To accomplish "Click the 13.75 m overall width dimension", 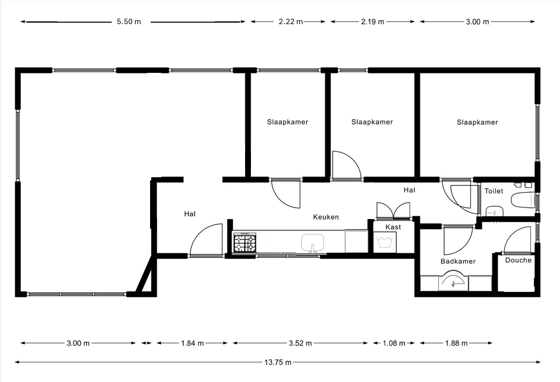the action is (x=278, y=362).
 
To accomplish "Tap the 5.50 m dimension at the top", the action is (x=129, y=22).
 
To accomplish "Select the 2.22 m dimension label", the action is (x=291, y=22).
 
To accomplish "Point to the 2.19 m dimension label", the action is (x=373, y=22).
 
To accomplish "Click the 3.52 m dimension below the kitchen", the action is (x=300, y=344).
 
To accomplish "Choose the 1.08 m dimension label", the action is (x=394, y=344).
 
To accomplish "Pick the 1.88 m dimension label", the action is (x=456, y=344).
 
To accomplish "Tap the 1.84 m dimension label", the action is (x=192, y=344).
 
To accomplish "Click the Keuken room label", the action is (x=326, y=217).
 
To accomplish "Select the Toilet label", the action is (x=494, y=191).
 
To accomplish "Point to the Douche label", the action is (x=518, y=260).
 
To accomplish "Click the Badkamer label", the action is (x=458, y=261).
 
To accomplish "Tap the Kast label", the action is (x=393, y=227).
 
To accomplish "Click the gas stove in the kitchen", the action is (x=245, y=242).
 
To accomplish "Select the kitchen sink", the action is (x=312, y=243).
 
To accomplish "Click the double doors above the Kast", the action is (x=393, y=211).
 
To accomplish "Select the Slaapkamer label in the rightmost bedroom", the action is (x=477, y=122).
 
